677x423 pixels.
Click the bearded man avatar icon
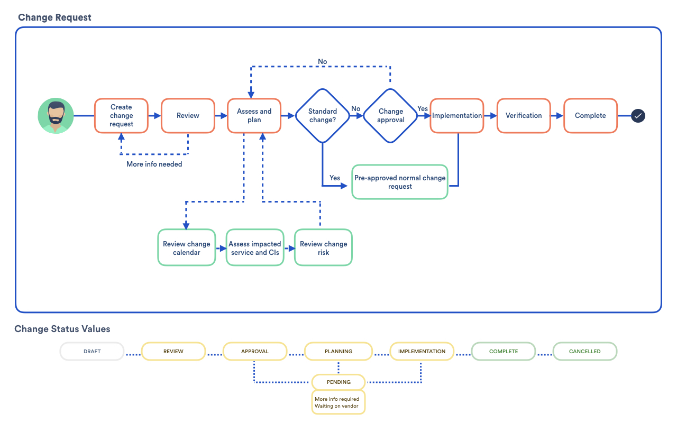[x=56, y=115]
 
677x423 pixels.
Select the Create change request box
[x=121, y=115]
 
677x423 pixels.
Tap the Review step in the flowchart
[x=188, y=115]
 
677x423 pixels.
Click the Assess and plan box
[x=254, y=115]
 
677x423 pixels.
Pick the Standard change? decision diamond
[x=323, y=115]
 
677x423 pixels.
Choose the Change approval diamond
[x=390, y=115]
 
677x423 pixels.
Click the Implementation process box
[x=456, y=115]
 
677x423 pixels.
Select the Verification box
[x=524, y=115]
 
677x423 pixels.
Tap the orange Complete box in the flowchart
[x=590, y=115]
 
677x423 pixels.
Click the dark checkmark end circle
[x=638, y=116]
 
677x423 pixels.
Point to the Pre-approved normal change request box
[x=400, y=182]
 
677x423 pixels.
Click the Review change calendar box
[x=187, y=247]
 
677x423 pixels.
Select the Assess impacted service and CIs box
[x=255, y=247]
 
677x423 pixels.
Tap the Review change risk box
[x=323, y=247]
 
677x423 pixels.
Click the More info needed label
[x=154, y=164]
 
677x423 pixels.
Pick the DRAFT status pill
[x=92, y=352]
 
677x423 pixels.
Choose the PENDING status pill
[x=338, y=382]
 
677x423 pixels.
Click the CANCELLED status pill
[x=585, y=352]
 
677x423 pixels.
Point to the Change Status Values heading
[x=62, y=329]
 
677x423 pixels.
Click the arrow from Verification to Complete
[x=557, y=116]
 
